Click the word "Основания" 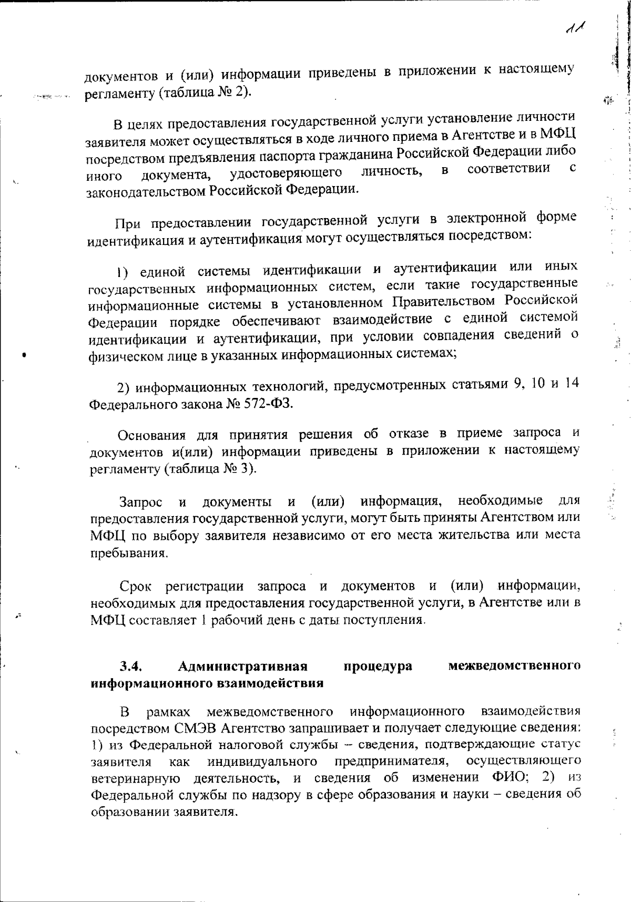tap(151, 435)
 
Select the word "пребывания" tap(129, 553)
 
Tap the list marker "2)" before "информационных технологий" tap(124, 388)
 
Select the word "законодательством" tap(146, 191)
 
